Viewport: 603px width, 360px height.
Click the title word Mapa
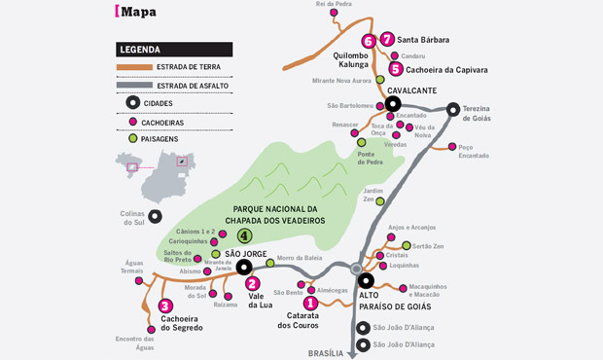coord(139,12)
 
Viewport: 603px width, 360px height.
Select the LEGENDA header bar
coord(173,49)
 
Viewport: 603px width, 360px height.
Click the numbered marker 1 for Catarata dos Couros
coord(310,303)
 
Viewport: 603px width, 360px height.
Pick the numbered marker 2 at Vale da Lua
coord(252,283)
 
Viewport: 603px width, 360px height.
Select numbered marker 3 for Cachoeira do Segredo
coord(165,306)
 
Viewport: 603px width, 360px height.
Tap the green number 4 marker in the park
coord(245,235)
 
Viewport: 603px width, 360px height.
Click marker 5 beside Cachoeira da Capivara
coord(396,69)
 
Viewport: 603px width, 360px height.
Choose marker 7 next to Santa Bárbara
coord(387,40)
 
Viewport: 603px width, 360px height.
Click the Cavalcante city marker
coord(393,103)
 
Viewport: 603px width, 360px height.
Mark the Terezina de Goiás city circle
coord(453,110)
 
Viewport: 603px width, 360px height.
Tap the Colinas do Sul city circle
coord(155,216)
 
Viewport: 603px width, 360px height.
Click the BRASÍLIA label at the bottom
coord(326,352)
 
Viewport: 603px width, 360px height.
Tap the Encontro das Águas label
coord(134,342)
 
